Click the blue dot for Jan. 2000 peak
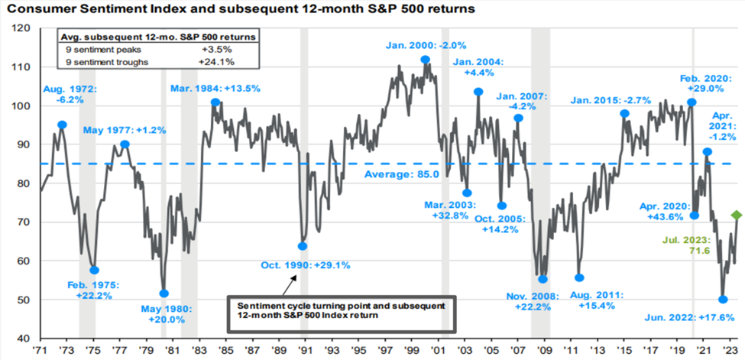coord(425,60)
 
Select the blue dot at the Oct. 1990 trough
coord(303,246)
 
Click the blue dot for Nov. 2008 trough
coord(543,280)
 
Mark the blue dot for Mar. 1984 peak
coord(215,102)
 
